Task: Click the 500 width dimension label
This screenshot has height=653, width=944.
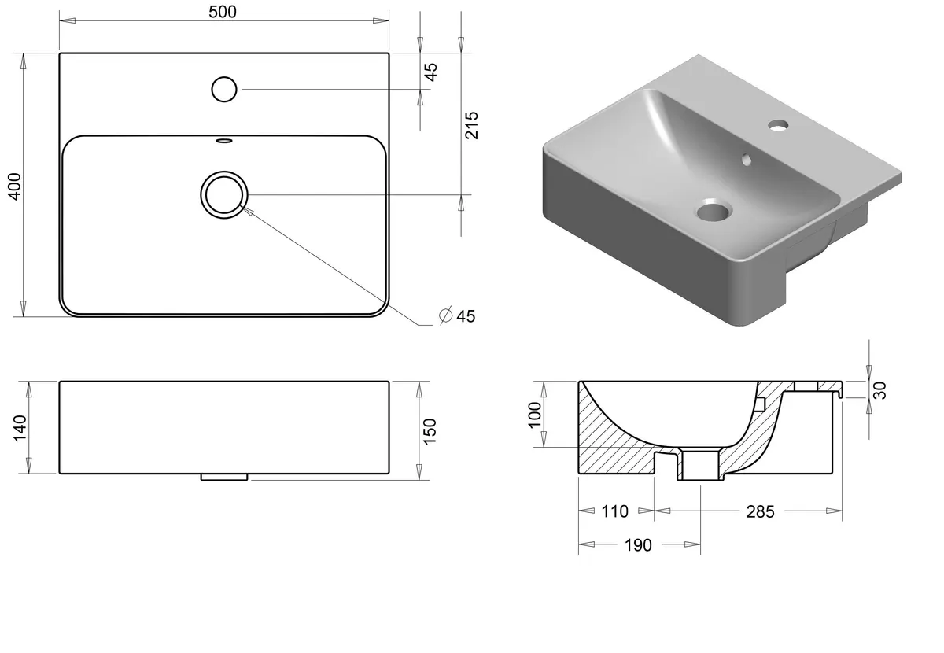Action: tap(223, 12)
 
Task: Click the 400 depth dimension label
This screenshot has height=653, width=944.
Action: tap(15, 186)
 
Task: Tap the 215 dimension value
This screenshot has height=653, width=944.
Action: tap(471, 125)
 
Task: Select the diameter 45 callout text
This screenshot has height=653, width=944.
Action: tap(457, 316)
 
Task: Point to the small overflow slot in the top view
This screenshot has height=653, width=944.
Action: tap(223, 140)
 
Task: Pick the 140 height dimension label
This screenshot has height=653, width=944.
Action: tap(20, 428)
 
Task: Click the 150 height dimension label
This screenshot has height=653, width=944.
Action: tap(430, 431)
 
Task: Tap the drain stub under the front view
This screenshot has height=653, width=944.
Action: tap(224, 478)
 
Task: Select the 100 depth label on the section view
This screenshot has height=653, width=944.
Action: tap(534, 415)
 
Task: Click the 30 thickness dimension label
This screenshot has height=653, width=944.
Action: tap(880, 390)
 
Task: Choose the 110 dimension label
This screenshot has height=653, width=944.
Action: tap(615, 511)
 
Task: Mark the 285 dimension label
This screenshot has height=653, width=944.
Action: tap(760, 511)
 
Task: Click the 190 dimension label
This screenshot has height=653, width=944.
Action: tap(638, 545)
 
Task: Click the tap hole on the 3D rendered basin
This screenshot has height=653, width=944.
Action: tap(778, 125)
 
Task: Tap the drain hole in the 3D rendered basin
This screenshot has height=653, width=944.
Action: tap(714, 210)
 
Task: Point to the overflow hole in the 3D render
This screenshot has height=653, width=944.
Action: tap(747, 160)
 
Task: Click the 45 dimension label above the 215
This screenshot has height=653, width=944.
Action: tap(431, 72)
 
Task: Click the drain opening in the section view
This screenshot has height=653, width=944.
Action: tap(700, 466)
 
